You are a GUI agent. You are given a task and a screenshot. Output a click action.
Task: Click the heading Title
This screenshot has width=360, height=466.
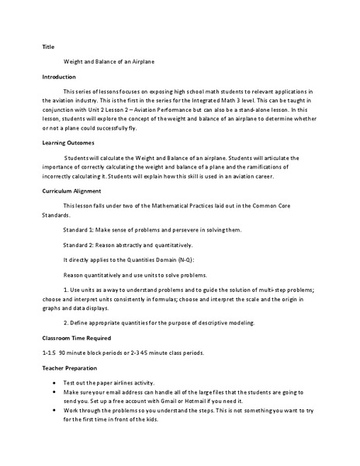47,46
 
